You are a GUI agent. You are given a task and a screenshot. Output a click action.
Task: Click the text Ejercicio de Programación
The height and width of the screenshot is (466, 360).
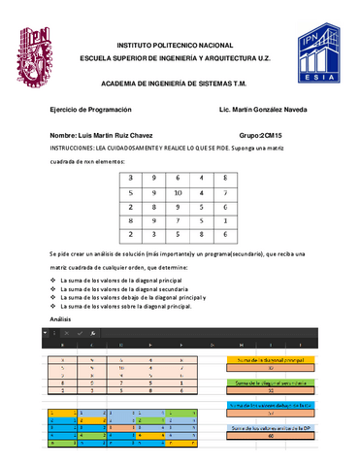pos(89,111)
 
